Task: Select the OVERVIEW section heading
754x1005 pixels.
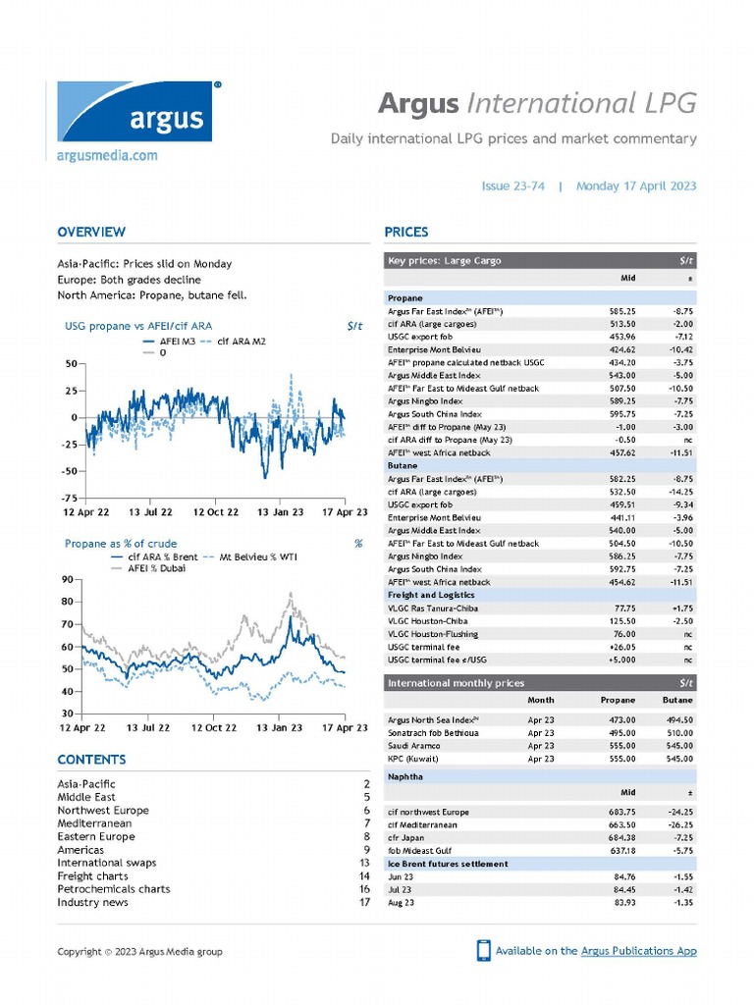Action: point(91,233)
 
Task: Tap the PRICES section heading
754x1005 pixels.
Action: point(405,233)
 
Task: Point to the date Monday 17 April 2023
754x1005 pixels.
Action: point(636,185)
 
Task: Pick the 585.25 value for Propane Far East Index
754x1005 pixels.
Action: point(623,311)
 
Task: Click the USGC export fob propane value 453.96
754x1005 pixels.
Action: point(623,337)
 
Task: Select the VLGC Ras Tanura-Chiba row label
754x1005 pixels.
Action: point(433,608)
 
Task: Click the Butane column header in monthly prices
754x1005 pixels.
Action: point(677,701)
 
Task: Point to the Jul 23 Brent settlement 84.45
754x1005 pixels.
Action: point(623,889)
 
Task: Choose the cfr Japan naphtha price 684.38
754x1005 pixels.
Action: point(623,838)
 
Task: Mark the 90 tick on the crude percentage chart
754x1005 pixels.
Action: point(69,580)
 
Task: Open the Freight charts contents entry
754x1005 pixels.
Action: point(92,876)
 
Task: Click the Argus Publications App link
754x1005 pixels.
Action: point(639,951)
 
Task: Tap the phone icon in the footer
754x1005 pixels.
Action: point(483,950)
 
